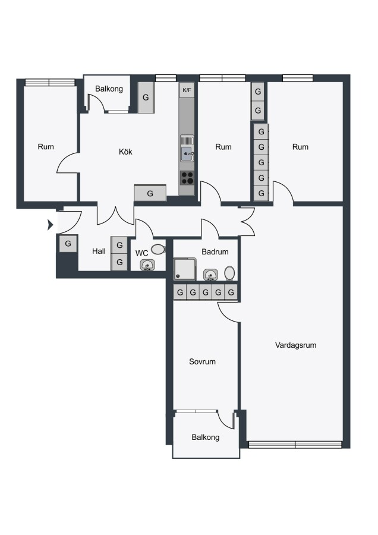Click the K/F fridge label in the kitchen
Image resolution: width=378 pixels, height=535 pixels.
[187, 90]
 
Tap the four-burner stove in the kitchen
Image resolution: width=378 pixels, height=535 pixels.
[187, 178]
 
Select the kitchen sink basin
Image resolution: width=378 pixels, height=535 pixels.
[187, 154]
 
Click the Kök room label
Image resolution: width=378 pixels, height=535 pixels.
[125, 152]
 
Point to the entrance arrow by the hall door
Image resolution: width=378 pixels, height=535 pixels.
[51, 225]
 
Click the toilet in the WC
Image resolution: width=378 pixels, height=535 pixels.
[158, 250]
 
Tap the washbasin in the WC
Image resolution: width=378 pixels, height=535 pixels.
[147, 265]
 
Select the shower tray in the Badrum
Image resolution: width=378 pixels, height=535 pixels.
[185, 269]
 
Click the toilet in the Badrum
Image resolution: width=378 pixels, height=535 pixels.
[229, 273]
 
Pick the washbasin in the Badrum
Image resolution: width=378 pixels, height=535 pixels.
[210, 274]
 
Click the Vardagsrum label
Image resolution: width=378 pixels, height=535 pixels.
[296, 345]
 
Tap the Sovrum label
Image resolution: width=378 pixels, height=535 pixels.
[202, 361]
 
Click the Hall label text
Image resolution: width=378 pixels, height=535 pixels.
[99, 251]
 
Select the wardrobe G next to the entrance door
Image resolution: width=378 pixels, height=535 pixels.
[68, 244]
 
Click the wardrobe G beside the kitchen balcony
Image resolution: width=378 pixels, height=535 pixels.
[146, 97]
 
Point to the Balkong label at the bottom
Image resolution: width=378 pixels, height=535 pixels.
[206, 438]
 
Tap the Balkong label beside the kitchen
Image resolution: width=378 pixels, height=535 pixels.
[109, 89]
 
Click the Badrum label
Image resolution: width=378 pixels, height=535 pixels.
[215, 252]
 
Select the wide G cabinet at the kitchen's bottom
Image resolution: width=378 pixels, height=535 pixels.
[150, 193]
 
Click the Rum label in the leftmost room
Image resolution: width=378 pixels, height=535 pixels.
[46, 147]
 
